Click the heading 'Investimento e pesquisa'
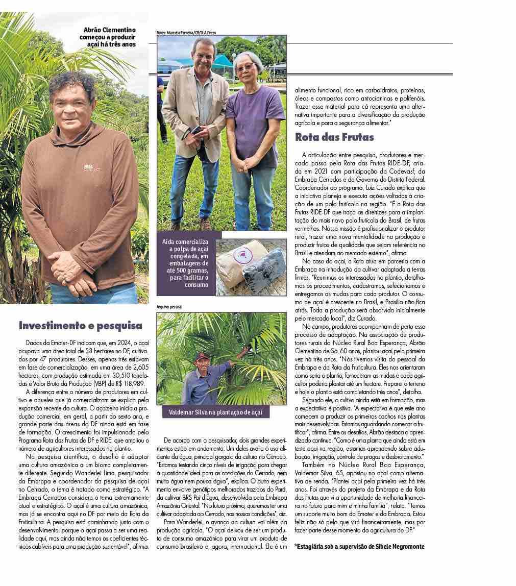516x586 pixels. pyautogui.click(x=81, y=325)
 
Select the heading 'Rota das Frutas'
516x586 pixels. pyautogui.click(x=334, y=137)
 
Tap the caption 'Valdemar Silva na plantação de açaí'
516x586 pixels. pyautogui.click(x=219, y=412)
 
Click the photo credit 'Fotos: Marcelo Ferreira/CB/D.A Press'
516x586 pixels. pyautogui.click(x=186, y=33)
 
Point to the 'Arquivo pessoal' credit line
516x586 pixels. pyautogui.click(x=169, y=307)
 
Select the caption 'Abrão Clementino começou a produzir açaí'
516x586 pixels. pyautogui.click(x=109, y=38)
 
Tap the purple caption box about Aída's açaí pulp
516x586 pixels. pyautogui.click(x=186, y=263)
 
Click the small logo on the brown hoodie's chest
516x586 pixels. pyautogui.click(x=91, y=167)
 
